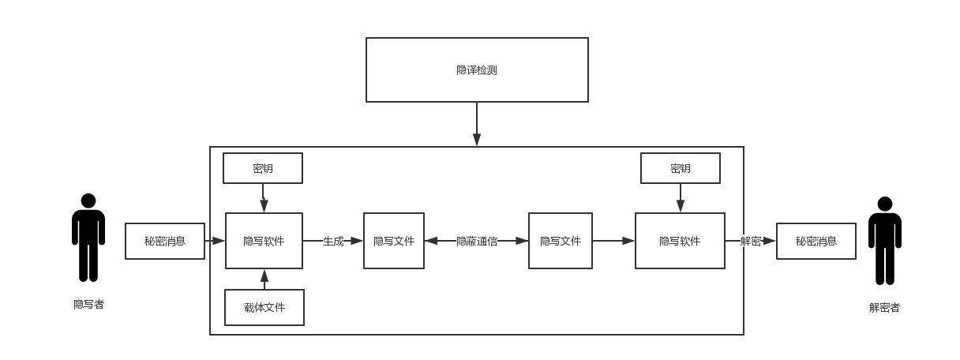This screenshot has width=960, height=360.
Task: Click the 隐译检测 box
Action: (x=477, y=69)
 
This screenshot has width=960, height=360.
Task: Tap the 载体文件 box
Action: (x=264, y=307)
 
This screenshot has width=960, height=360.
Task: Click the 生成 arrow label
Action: (x=333, y=241)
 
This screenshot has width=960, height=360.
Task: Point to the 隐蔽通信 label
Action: (x=477, y=241)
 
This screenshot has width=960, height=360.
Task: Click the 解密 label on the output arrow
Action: (x=750, y=241)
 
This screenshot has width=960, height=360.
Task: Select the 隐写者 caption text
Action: (x=88, y=304)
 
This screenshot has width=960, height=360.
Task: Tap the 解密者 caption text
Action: (x=884, y=307)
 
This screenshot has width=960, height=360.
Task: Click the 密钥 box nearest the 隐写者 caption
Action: (x=263, y=168)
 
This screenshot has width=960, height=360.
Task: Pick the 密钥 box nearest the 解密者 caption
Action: (x=681, y=168)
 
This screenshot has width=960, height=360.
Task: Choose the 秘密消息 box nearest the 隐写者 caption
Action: (x=165, y=241)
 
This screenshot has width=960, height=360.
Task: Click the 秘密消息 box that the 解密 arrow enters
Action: (x=816, y=241)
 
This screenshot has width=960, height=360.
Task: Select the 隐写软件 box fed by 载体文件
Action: (x=264, y=241)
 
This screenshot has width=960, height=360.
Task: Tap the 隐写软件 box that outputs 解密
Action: (x=680, y=241)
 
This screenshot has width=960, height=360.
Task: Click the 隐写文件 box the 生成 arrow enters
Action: (x=394, y=241)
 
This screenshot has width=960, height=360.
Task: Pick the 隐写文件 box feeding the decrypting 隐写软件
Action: (x=561, y=241)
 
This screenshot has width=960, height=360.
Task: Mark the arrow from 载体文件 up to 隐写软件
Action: (x=264, y=279)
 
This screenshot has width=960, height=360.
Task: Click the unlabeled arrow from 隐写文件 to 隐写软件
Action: (x=613, y=241)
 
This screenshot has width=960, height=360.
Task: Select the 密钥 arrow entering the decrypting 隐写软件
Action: (x=681, y=197)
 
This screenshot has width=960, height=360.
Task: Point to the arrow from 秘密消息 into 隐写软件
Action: (x=215, y=241)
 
